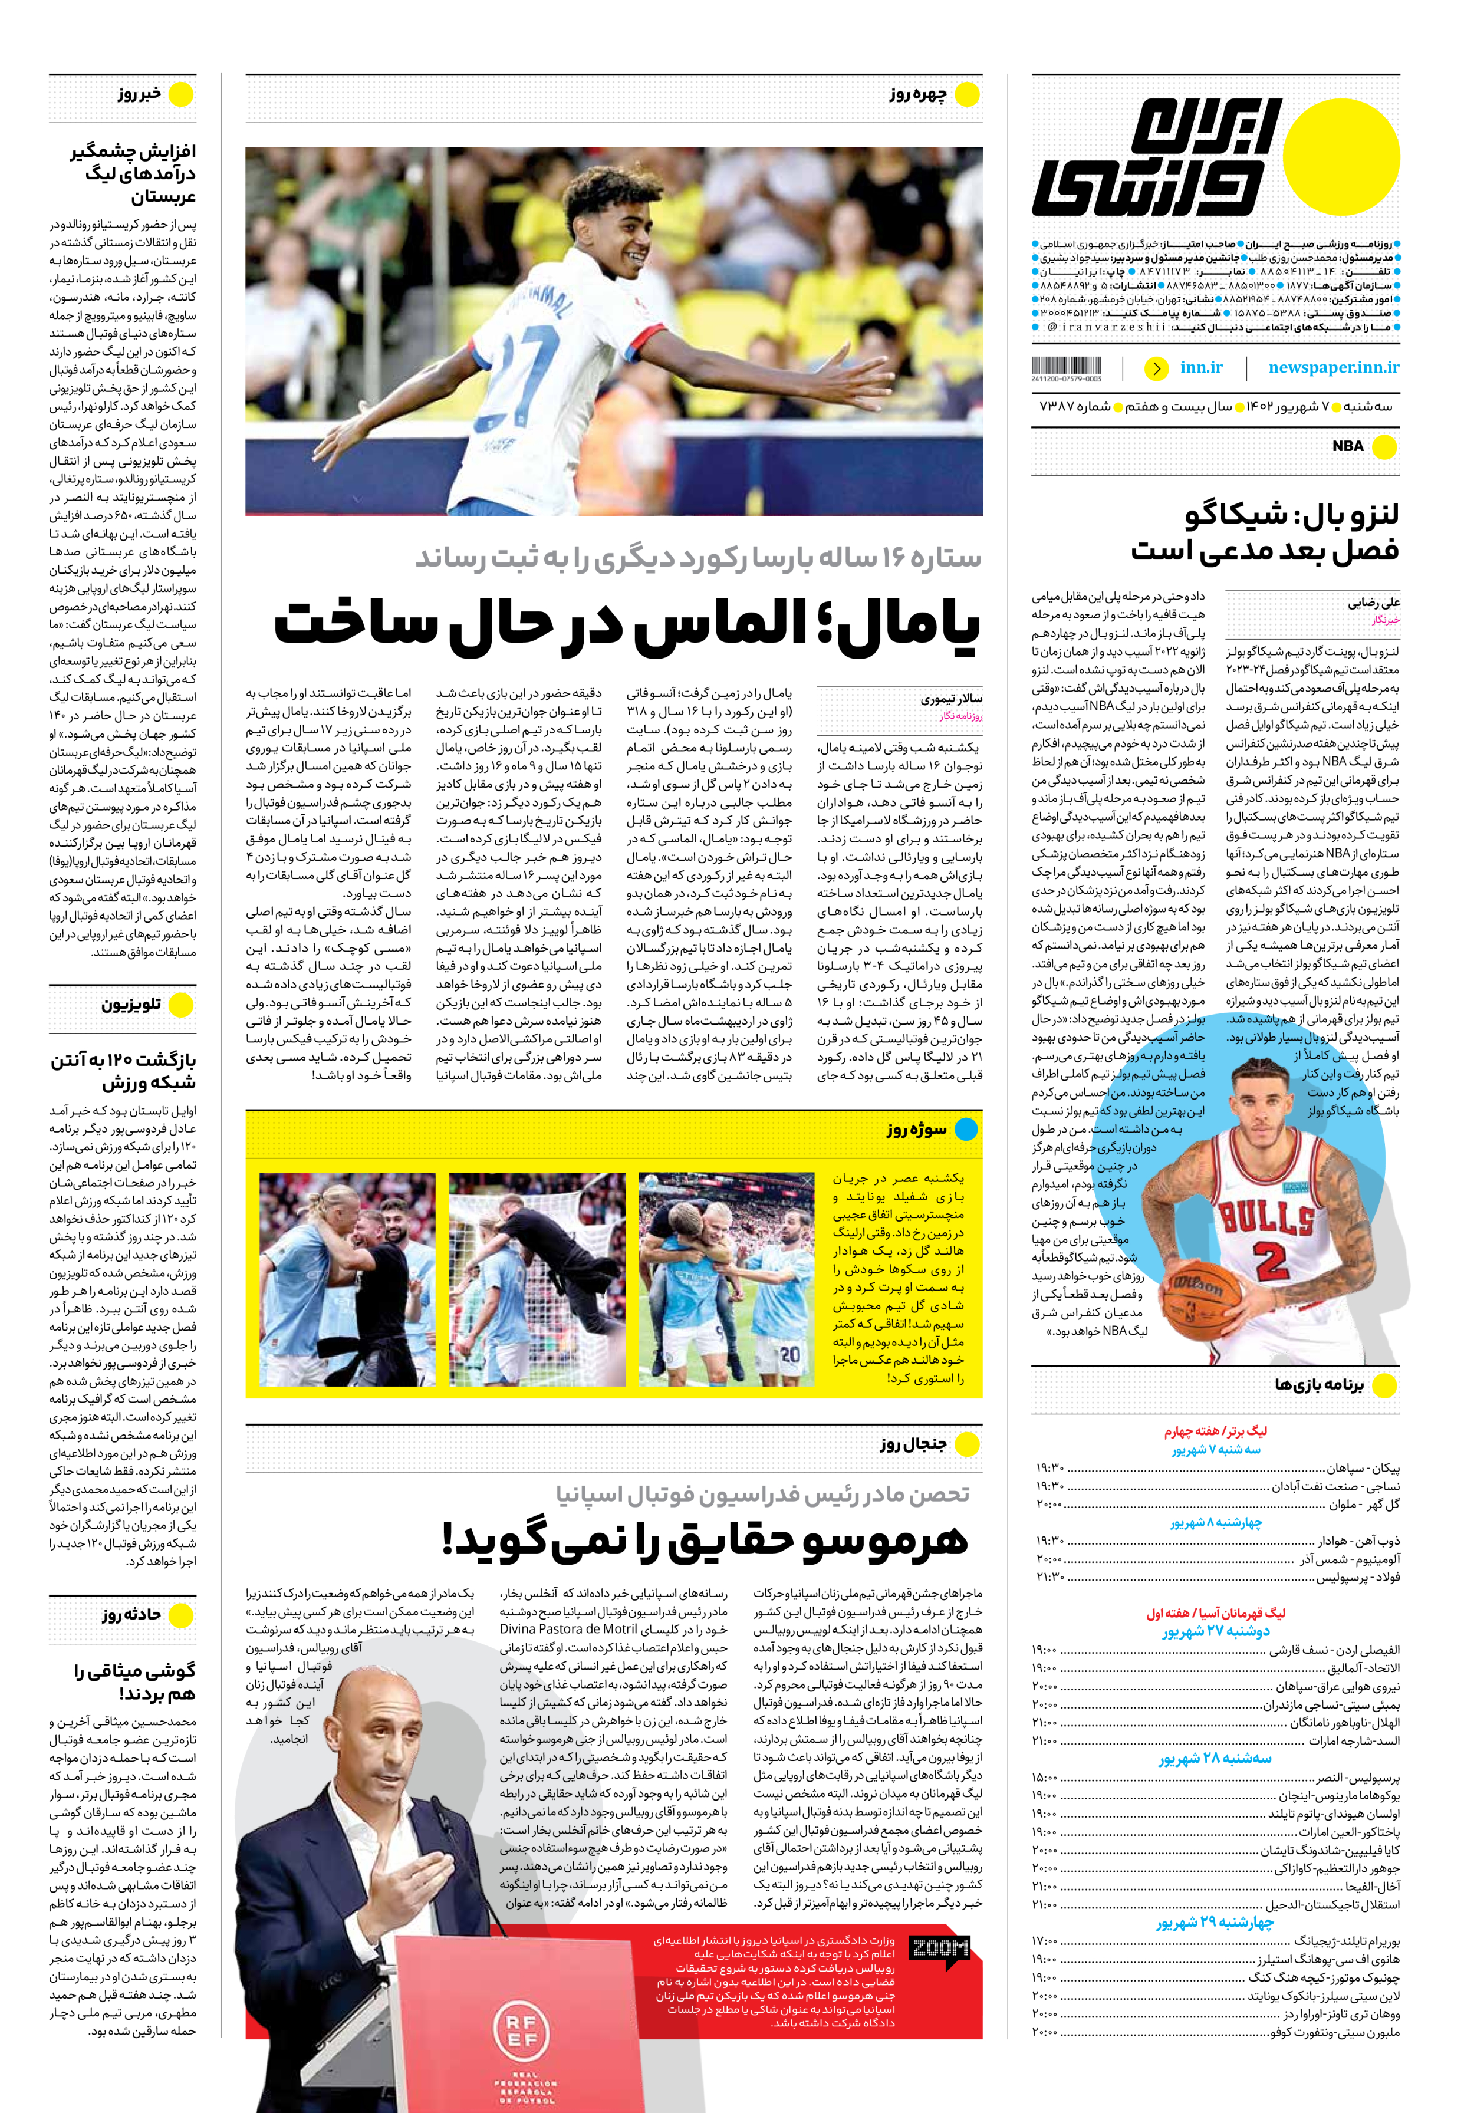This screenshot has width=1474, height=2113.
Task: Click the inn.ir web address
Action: [1201, 368]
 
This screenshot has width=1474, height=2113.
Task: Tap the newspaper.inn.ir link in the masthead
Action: [1333, 368]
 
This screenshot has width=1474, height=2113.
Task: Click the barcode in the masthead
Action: [1067, 366]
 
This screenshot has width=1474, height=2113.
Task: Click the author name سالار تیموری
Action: [952, 699]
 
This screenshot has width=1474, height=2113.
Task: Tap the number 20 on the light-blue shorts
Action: [789, 1355]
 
